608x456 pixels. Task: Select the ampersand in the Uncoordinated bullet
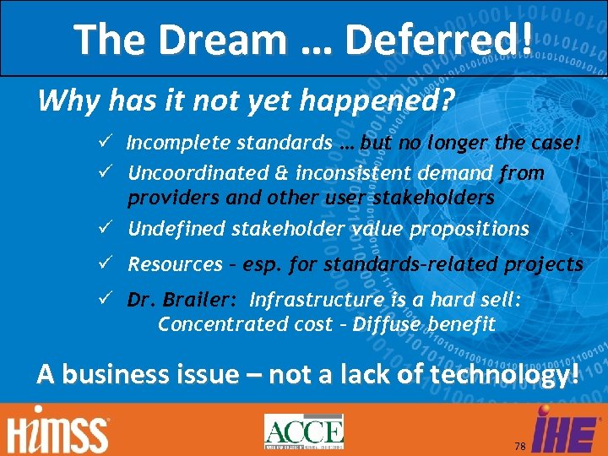click(x=283, y=173)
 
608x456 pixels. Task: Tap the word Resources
click(x=175, y=264)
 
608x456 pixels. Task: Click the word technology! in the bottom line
click(x=498, y=373)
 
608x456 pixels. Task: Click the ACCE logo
click(x=303, y=432)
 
